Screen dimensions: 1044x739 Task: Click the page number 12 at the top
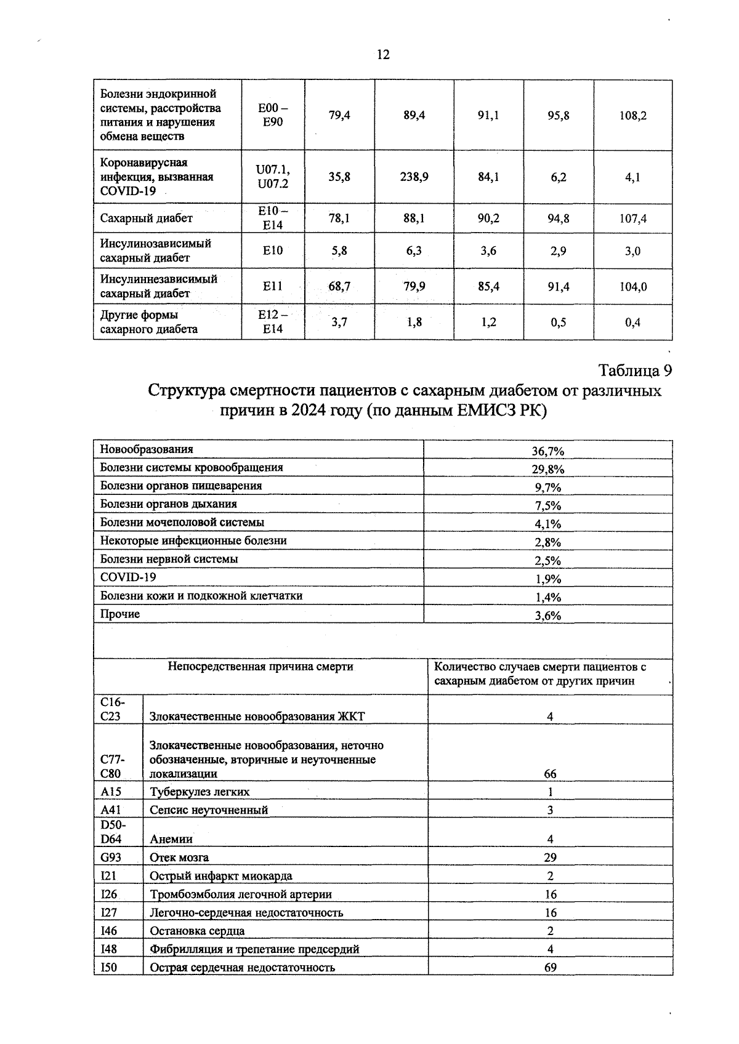pyautogui.click(x=382, y=55)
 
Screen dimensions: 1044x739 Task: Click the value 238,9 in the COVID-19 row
pyautogui.click(x=414, y=177)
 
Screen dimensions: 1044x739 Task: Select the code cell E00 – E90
pyautogui.click(x=273, y=115)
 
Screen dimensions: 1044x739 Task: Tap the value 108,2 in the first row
pyautogui.click(x=632, y=115)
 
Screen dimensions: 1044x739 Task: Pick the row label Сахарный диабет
pyautogui.click(x=147, y=219)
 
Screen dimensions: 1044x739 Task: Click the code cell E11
pyautogui.click(x=272, y=286)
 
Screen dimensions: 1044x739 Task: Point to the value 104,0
pyautogui.click(x=632, y=286)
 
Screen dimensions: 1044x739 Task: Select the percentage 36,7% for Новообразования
pyautogui.click(x=547, y=451)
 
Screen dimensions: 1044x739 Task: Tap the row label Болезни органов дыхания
pyautogui.click(x=169, y=504)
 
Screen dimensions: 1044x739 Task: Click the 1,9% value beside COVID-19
pyautogui.click(x=547, y=579)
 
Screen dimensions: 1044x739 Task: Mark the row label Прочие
pyautogui.click(x=120, y=614)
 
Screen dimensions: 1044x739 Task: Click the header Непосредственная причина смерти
pyautogui.click(x=260, y=667)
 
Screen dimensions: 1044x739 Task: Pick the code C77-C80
pyautogui.click(x=111, y=767)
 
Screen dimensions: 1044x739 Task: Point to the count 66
pyautogui.click(x=550, y=774)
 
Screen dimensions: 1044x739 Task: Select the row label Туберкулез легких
pyautogui.click(x=200, y=792)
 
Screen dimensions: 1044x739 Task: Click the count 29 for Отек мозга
pyautogui.click(x=550, y=857)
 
